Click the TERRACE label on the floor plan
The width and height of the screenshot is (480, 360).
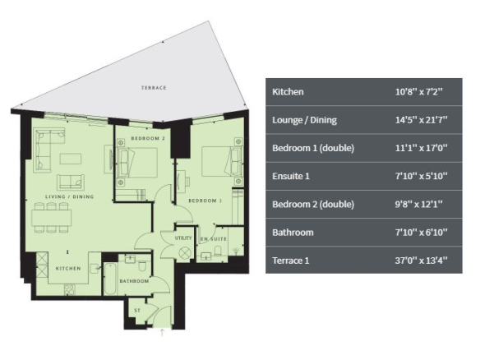(x=154, y=88)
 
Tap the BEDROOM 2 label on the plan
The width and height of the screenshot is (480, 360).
(x=148, y=138)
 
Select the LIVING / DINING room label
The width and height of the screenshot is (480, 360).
(x=70, y=196)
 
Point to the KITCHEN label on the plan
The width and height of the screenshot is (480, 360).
(x=68, y=269)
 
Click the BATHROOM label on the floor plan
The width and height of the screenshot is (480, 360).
(x=134, y=281)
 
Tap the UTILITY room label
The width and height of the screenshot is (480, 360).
(x=183, y=238)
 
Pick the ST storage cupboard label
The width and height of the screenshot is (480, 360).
(x=137, y=311)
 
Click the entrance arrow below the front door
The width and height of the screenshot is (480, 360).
(x=162, y=332)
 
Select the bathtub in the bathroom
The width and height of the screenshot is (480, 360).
(x=110, y=279)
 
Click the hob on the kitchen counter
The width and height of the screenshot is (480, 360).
(x=70, y=289)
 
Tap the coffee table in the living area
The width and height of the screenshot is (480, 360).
(x=71, y=159)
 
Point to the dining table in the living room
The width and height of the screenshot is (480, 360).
(x=52, y=218)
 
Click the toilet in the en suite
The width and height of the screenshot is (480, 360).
(x=218, y=251)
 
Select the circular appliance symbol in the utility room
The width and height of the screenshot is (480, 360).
(x=185, y=253)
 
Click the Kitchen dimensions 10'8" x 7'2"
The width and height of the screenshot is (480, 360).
(x=419, y=91)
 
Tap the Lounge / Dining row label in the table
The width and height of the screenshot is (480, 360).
(x=305, y=120)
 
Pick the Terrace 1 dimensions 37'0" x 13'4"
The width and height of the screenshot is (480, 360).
(x=421, y=261)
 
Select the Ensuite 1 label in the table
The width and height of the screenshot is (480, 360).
(x=291, y=176)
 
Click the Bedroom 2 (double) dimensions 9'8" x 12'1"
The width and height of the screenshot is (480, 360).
(x=419, y=204)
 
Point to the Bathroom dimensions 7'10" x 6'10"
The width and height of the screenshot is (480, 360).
(x=421, y=233)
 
